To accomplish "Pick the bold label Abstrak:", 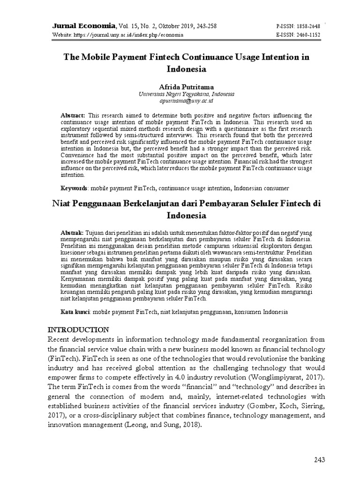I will tap(73, 232).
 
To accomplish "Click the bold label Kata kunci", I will tap(76, 312).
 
